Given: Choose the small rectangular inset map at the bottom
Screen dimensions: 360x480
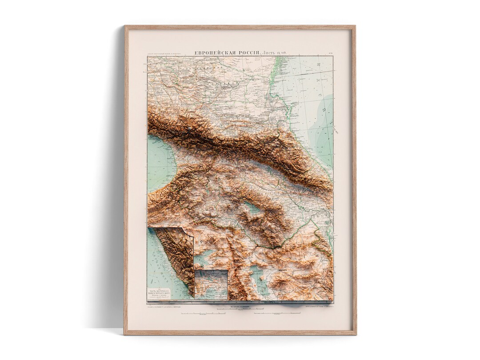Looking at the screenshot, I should (211, 284).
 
